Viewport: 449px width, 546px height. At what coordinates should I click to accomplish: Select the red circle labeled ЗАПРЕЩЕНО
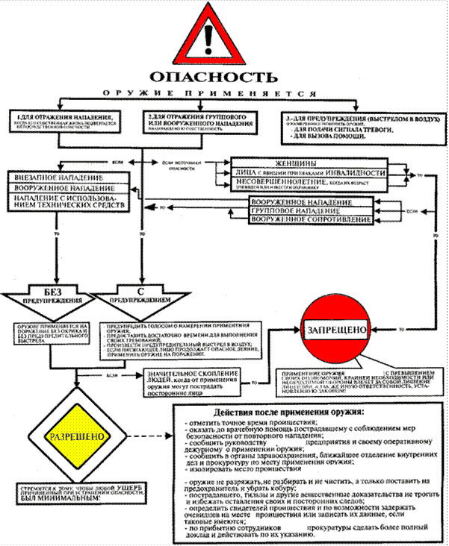coord(335,329)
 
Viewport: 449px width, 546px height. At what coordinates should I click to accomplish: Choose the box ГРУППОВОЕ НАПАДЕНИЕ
coord(310,210)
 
